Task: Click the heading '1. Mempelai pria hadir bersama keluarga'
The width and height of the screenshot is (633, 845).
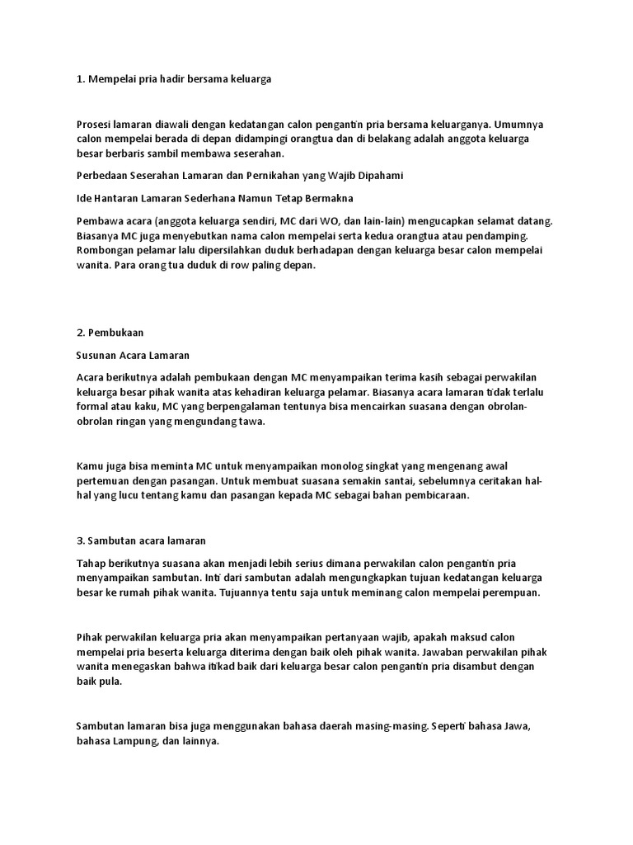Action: [173, 78]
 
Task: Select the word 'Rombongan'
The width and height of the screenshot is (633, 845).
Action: [105, 250]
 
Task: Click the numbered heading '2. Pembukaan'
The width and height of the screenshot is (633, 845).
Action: [110, 333]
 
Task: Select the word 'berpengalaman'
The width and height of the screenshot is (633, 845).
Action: [232, 407]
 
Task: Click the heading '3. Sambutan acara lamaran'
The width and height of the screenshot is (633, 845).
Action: [141, 541]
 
